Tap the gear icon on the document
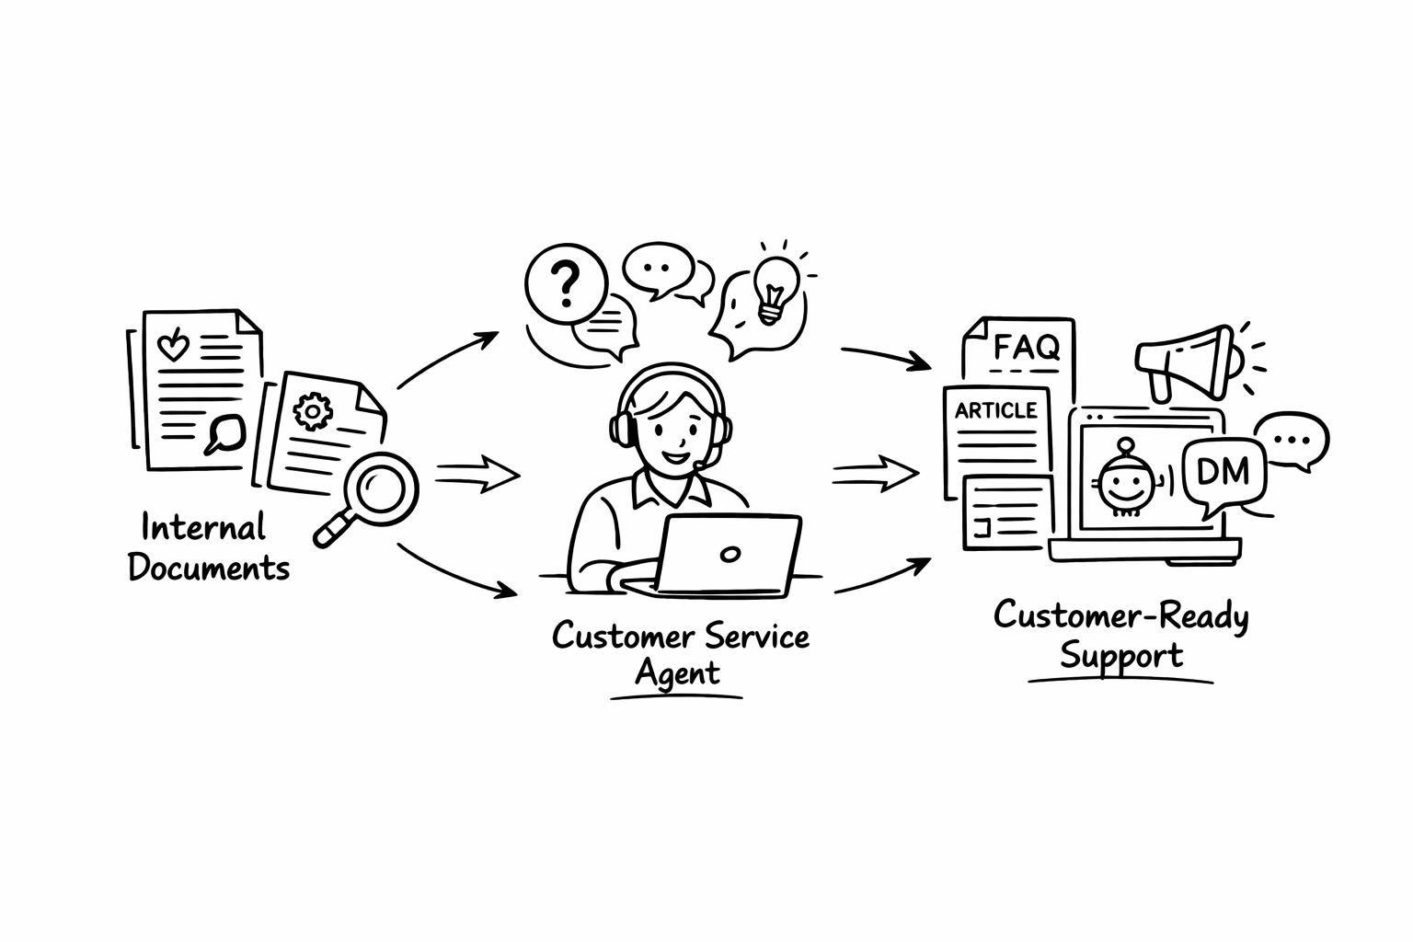tap(313, 409)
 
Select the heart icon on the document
tap(173, 346)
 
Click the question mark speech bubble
tap(566, 283)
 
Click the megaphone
tap(1185, 361)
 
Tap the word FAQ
tap(1027, 348)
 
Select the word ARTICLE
tap(995, 410)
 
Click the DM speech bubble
tap(1224, 473)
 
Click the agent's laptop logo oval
tap(730, 554)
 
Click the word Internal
tap(203, 527)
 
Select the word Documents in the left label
tap(209, 568)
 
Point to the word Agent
tap(677, 674)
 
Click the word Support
tap(1121, 657)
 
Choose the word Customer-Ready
tap(1120, 615)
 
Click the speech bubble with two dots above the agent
tap(657, 268)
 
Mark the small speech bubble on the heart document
tap(224, 431)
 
